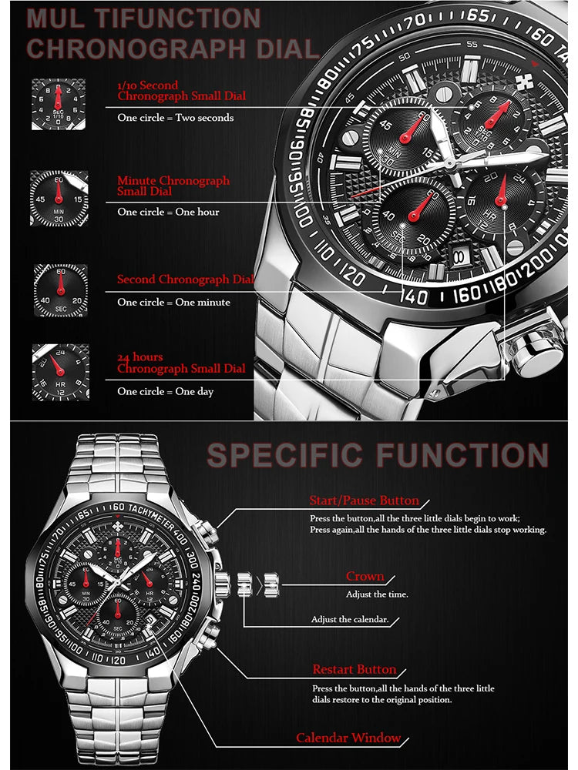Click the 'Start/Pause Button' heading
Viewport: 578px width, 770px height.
tap(364, 501)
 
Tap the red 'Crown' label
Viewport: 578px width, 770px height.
tap(365, 577)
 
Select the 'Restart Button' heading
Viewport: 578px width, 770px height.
tap(354, 670)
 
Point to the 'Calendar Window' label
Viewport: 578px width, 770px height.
tap(348, 738)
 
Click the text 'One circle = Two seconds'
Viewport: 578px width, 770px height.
tap(175, 118)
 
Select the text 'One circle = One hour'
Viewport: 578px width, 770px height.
tap(168, 212)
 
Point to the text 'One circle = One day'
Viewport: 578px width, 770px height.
tap(165, 392)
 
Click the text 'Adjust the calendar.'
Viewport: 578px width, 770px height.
tap(349, 620)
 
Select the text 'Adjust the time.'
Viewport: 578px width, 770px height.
tap(377, 594)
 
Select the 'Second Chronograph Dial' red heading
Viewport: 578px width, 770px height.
tap(185, 280)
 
